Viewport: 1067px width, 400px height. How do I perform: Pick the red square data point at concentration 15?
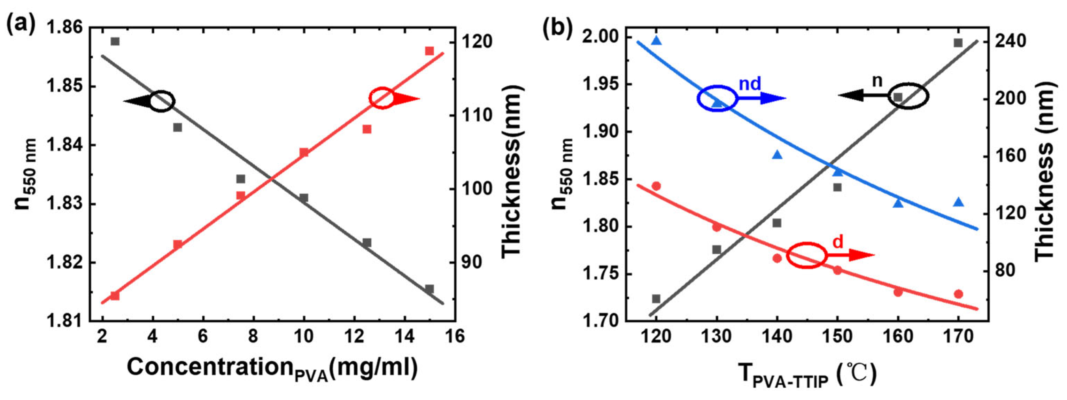point(429,51)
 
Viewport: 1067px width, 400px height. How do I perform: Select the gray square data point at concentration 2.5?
point(115,41)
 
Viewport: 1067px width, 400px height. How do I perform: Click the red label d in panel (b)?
point(837,242)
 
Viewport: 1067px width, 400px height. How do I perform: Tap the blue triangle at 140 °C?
point(777,155)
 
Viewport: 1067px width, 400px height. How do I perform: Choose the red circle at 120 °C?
point(656,186)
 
